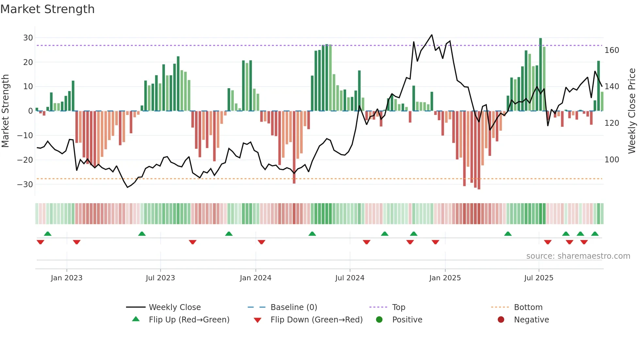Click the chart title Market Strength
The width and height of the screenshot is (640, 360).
tap(47, 9)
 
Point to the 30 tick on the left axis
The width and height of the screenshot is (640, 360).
tap(28, 38)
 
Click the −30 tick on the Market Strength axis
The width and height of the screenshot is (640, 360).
tap(25, 184)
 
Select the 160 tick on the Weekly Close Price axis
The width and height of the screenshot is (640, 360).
tap(612, 50)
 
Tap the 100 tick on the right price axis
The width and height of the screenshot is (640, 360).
tap(612, 160)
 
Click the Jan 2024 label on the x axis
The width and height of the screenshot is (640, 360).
tap(255, 278)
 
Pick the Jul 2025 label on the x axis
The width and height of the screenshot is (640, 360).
tap(538, 278)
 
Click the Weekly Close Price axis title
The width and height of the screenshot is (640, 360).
tap(632, 111)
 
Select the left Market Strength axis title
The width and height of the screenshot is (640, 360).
tap(5, 111)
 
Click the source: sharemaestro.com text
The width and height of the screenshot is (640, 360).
tap(578, 256)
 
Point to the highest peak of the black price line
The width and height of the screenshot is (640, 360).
tap(432, 35)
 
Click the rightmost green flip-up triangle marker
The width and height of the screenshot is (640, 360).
tap(595, 234)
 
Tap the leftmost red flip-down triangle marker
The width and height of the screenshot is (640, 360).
tap(40, 242)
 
